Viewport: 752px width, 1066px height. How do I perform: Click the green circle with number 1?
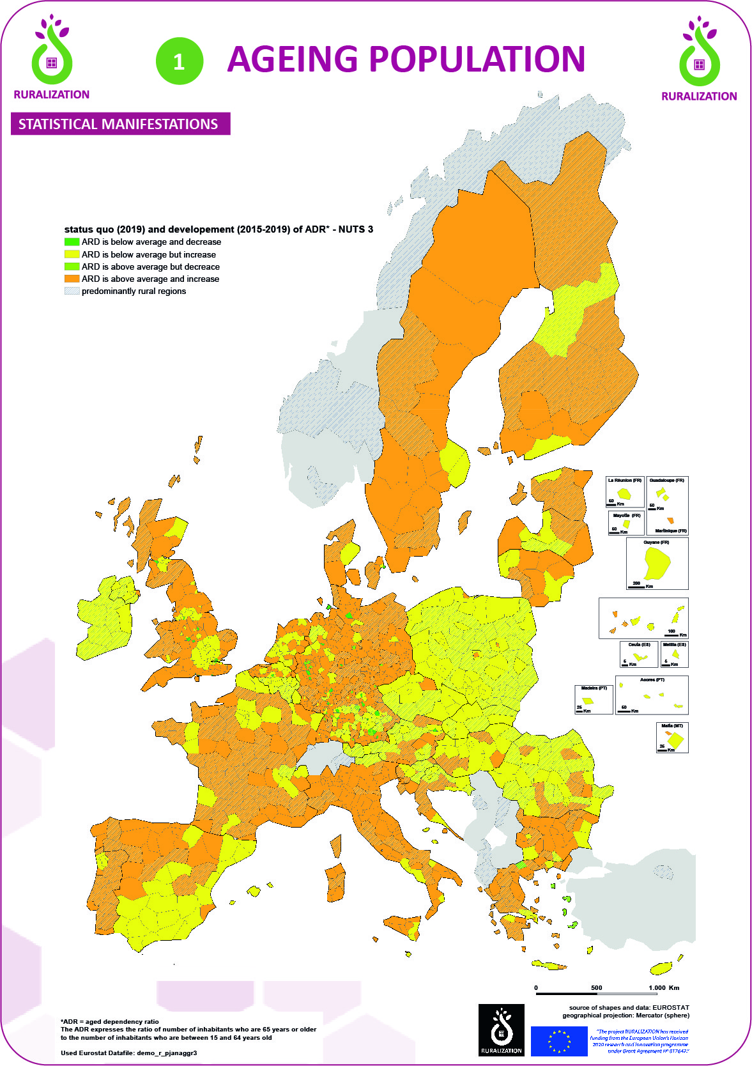click(x=180, y=61)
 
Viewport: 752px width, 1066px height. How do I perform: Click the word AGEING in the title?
click(x=293, y=59)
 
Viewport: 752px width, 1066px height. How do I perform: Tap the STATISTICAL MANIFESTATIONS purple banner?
click(x=120, y=124)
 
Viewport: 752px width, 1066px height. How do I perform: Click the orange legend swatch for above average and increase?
click(x=72, y=279)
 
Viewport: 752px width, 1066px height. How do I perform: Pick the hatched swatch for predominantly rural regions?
click(x=72, y=291)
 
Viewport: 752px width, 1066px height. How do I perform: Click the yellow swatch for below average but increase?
click(x=72, y=254)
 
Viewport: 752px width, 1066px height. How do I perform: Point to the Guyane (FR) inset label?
click(x=656, y=543)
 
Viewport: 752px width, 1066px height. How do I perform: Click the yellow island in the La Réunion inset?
click(x=624, y=493)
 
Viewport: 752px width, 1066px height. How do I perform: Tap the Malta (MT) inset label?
click(x=671, y=726)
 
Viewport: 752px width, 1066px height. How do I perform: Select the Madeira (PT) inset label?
click(x=594, y=688)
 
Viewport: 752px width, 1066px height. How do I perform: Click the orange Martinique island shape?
click(x=670, y=520)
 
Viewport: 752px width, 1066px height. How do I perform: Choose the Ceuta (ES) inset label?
click(x=638, y=645)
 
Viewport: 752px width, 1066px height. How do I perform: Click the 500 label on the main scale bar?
click(x=596, y=987)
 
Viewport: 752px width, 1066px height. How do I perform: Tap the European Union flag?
click(x=559, y=1041)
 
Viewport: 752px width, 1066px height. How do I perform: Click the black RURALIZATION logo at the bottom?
click(x=501, y=1030)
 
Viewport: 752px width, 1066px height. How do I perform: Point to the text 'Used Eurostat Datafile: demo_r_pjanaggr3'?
click(x=128, y=1053)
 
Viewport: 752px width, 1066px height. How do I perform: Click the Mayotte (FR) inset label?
click(x=626, y=515)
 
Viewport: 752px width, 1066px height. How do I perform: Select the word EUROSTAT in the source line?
click(x=670, y=1007)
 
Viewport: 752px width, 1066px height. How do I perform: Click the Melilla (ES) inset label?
click(x=674, y=645)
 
